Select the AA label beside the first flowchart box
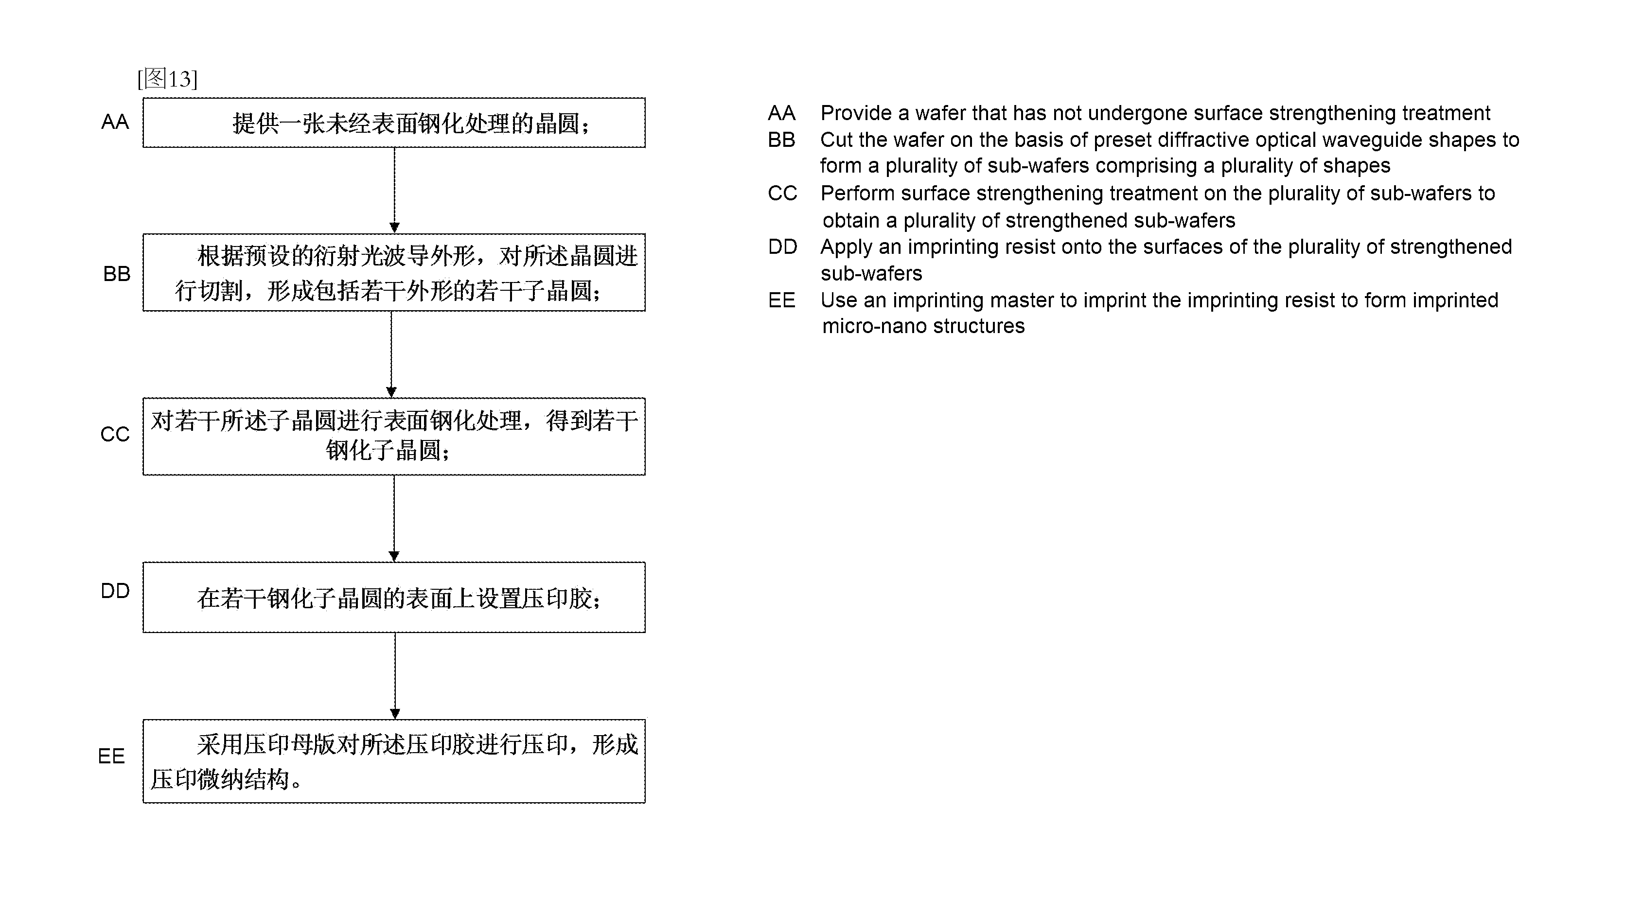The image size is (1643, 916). click(115, 122)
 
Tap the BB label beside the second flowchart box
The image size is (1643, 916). click(116, 274)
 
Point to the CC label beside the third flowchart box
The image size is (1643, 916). click(115, 434)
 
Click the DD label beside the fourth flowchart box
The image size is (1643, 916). click(115, 591)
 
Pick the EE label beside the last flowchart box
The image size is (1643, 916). click(111, 757)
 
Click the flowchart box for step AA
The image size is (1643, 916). click(394, 123)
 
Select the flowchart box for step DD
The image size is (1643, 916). click(394, 597)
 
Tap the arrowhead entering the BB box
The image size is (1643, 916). click(394, 228)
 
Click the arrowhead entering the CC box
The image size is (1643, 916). click(391, 392)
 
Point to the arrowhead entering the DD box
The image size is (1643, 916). click(394, 556)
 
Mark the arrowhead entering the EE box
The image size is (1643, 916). click(395, 714)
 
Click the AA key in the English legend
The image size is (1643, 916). click(781, 113)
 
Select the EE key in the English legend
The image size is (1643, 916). click(781, 300)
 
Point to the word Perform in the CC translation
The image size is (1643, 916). click(857, 194)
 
